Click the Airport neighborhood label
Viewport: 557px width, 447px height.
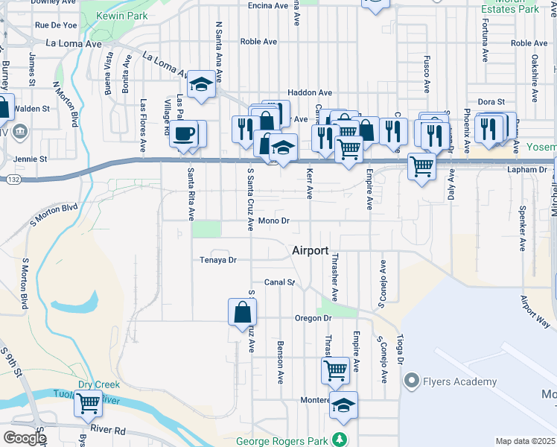point(311,251)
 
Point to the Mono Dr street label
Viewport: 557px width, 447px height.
point(274,221)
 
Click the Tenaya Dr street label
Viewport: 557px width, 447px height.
point(217,260)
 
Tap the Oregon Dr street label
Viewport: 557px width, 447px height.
point(312,318)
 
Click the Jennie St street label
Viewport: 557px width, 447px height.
point(31,159)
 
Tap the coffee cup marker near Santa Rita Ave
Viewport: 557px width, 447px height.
point(184,135)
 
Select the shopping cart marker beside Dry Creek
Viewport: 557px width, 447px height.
point(89,404)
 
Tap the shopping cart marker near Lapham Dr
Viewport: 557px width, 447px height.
point(421,166)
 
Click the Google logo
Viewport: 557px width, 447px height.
point(25,438)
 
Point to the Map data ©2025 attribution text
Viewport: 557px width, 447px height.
point(526,441)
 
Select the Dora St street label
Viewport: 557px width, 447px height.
point(491,101)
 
